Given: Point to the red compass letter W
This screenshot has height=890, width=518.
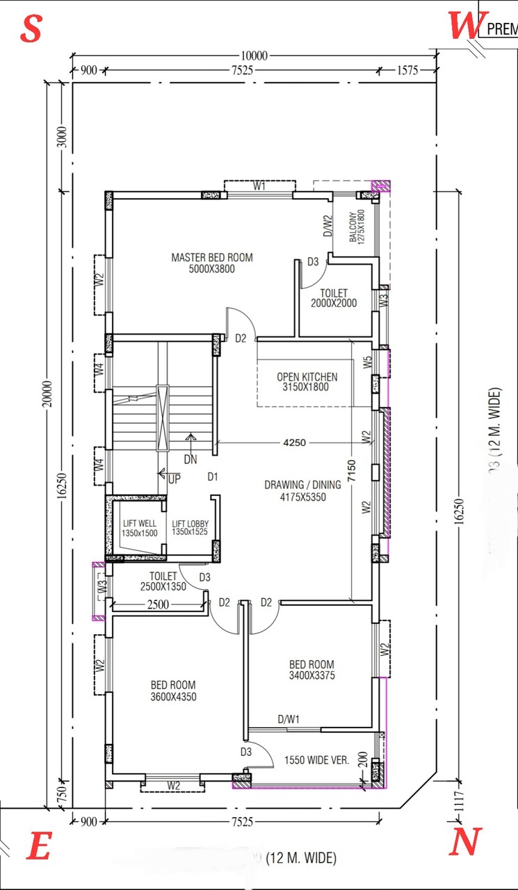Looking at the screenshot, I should tap(465, 26).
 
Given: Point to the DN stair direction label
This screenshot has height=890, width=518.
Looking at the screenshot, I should tap(191, 460).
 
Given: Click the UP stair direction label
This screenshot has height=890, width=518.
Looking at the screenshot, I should tap(174, 479).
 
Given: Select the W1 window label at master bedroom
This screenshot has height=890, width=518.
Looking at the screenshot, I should tap(259, 186).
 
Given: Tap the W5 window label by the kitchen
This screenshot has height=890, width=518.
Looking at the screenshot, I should tap(366, 362).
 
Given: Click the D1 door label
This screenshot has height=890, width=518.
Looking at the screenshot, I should tap(213, 477).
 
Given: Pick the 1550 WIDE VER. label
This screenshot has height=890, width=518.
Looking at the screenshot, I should tap(316, 760).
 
